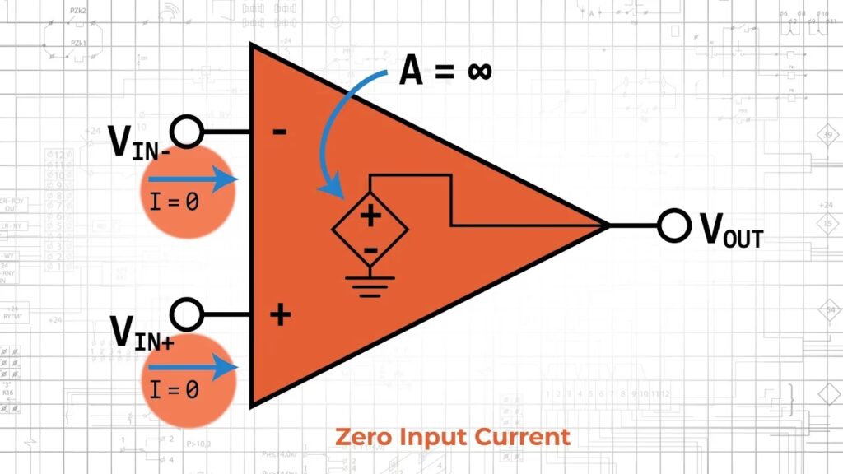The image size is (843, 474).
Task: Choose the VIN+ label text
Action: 140,332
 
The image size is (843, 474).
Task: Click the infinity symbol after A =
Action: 478,71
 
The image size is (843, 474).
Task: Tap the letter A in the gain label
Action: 412,71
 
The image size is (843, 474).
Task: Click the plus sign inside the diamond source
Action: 370,216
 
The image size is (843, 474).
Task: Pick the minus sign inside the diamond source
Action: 370,248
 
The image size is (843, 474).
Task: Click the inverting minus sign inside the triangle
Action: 280,131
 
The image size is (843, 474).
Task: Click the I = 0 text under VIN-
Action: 174,201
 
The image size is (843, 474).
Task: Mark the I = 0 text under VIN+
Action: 174,389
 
